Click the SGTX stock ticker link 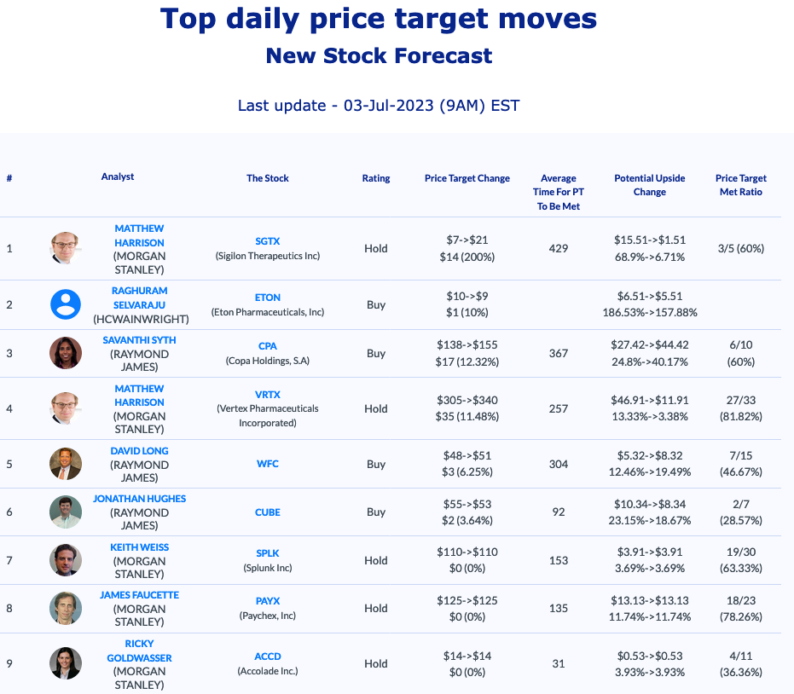click(267, 241)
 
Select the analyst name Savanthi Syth click(139, 339)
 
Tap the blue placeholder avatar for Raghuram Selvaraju click(66, 304)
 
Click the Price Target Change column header click(467, 178)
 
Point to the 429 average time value click(558, 248)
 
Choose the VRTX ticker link click(267, 394)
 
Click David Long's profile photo click(66, 464)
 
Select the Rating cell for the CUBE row click(375, 512)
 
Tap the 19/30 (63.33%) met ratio click(739, 560)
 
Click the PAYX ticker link click(267, 601)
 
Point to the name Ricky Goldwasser click(139, 651)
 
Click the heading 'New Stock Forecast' click(379, 56)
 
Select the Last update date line click(379, 106)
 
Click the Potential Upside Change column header click(649, 185)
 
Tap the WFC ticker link click(267, 464)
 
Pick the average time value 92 click(558, 512)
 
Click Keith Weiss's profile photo click(66, 560)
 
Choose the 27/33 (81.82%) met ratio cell click(739, 408)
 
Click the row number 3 click(9, 353)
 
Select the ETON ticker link click(267, 298)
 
